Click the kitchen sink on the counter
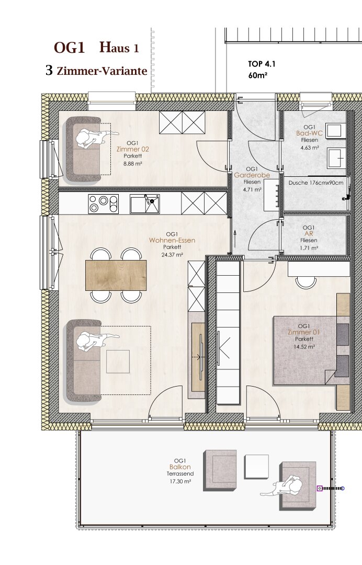[145, 204]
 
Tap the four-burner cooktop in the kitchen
[104, 204]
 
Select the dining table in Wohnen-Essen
[116, 275]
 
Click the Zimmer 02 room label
[132, 149]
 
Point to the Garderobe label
[252, 175]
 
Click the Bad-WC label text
[309, 133]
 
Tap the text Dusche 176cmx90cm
[316, 183]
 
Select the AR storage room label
[309, 234]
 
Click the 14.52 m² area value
[304, 347]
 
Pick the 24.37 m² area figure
[172, 254]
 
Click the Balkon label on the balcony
[180, 467]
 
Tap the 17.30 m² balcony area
[180, 481]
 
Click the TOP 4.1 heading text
[262, 64]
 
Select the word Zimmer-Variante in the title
[102, 71]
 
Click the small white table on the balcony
[256, 466]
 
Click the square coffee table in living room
[118, 361]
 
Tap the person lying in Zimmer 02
[94, 138]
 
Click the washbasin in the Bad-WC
[337, 158]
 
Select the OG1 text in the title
[69, 48]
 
